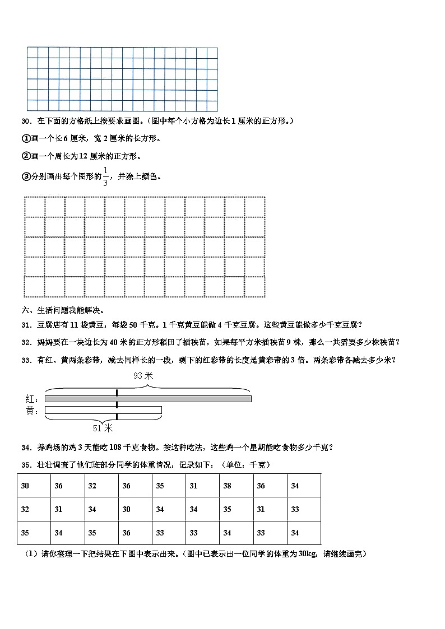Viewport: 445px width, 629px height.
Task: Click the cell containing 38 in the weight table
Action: click(227, 486)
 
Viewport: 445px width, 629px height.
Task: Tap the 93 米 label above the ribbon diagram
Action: click(143, 376)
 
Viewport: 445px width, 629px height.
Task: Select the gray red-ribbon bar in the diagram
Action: click(148, 398)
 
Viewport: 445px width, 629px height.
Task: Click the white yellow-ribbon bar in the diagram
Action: click(103, 411)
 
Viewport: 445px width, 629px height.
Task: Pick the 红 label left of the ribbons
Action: click(31, 399)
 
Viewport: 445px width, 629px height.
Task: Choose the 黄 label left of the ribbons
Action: click(31, 411)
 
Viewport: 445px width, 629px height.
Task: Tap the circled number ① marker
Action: click(25, 138)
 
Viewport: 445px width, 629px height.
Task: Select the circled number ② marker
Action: click(25, 156)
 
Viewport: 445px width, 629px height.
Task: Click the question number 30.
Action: click(25, 121)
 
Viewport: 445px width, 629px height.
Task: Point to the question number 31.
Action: click(25, 324)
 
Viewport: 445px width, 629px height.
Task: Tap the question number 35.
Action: click(25, 465)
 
